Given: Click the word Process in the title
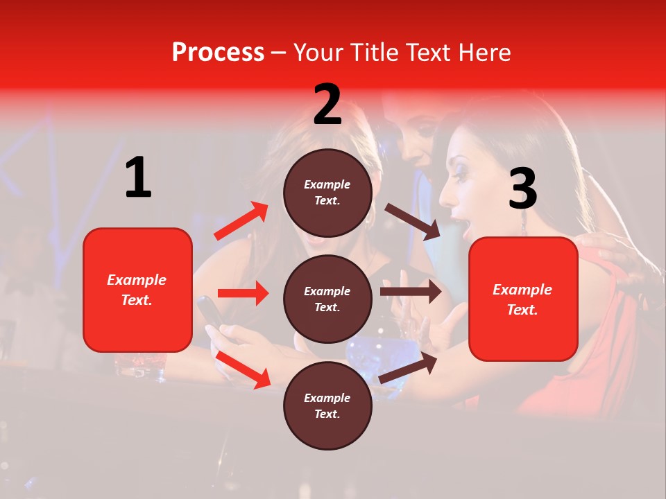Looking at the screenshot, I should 218,53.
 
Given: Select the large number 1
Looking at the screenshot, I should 138,178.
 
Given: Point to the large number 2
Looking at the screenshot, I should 327,105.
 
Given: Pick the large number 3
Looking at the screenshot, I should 522,189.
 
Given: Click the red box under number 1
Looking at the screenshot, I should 137,290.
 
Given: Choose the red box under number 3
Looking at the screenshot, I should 523,299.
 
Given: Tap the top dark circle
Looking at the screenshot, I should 327,193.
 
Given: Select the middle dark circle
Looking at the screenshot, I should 327,299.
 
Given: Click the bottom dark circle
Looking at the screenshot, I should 327,405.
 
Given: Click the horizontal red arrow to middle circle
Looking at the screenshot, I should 243,293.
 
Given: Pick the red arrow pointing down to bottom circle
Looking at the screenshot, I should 244,369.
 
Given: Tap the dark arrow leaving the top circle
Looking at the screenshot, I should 413,222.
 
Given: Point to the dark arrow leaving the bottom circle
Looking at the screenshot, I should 409,367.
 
